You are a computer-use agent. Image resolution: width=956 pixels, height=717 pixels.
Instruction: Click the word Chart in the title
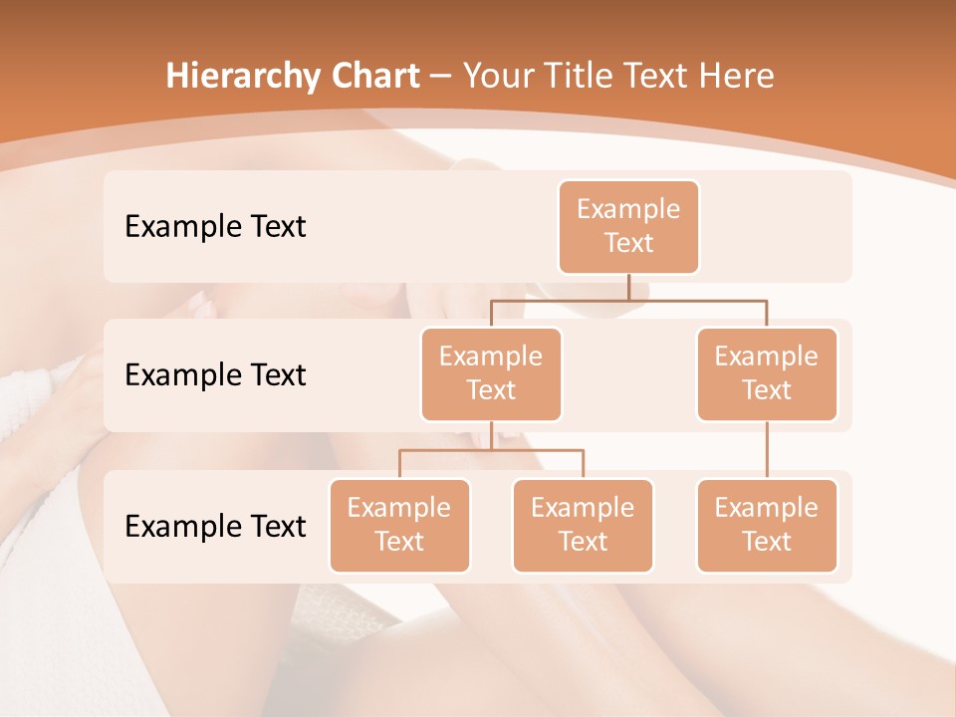(374, 77)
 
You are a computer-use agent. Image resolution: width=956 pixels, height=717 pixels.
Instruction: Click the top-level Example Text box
(628, 226)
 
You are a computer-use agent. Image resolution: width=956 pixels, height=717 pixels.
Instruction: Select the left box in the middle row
(491, 373)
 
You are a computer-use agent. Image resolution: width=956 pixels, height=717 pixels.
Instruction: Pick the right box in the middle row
(767, 373)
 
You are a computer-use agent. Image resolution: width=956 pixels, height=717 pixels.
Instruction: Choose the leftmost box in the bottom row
(399, 525)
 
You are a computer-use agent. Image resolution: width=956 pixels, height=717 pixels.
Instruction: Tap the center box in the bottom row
(583, 525)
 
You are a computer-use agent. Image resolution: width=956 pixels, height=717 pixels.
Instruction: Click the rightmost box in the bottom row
(767, 525)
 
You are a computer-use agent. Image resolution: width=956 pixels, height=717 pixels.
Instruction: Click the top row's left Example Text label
(215, 227)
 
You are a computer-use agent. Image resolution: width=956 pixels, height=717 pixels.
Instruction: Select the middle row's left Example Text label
(215, 375)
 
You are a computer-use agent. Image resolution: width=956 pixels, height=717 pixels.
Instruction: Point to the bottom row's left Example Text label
(215, 526)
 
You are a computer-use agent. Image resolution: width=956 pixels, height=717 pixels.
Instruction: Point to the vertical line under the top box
(628, 287)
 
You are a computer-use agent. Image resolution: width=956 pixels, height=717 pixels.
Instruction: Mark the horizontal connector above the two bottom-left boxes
(491, 450)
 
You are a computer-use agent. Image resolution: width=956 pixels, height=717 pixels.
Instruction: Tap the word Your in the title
(496, 77)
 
